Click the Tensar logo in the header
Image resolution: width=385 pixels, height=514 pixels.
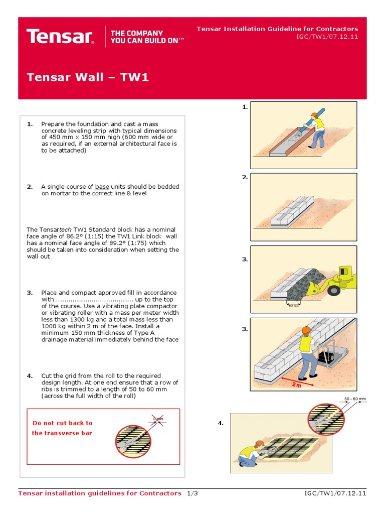(x=60, y=37)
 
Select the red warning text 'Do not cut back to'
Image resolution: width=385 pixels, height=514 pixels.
(x=62, y=423)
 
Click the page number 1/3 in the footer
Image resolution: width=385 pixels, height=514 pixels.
(x=192, y=493)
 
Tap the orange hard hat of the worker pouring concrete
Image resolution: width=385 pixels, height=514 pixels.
(x=314, y=115)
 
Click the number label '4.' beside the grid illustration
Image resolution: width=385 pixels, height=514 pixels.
(x=221, y=424)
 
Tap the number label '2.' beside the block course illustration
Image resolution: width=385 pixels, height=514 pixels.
(x=245, y=178)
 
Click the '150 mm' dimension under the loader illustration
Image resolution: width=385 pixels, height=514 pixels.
(x=293, y=306)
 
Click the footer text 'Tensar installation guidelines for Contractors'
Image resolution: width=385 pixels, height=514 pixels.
(x=99, y=493)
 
